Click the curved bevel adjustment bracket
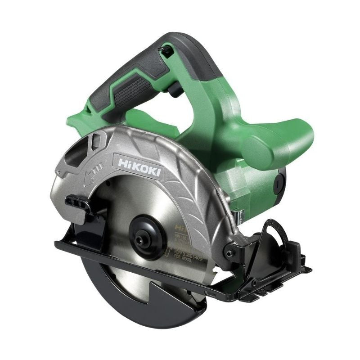click(x=270, y=243)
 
